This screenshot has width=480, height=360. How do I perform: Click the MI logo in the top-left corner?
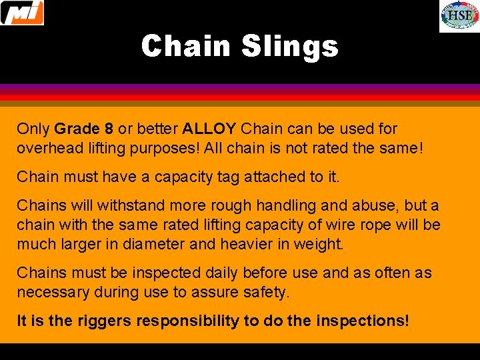(x=23, y=13)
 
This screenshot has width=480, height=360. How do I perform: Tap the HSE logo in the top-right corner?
(x=459, y=17)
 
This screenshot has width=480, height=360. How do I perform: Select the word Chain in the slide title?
(x=185, y=47)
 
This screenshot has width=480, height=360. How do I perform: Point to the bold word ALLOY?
(x=209, y=129)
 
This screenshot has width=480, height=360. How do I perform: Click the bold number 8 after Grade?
(x=109, y=129)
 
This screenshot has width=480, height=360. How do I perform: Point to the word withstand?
(x=121, y=206)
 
